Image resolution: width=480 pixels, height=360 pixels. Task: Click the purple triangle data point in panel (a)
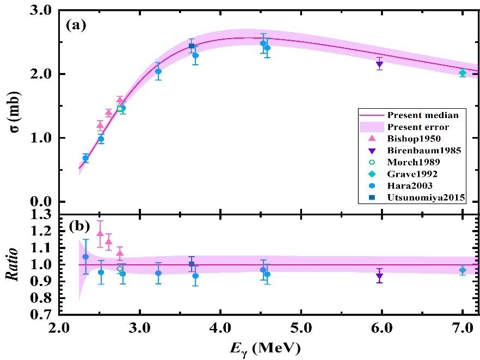click(379, 64)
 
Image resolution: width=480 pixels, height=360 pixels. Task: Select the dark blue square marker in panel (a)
click(192, 46)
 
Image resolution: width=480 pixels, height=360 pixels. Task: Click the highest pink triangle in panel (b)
click(100, 233)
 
